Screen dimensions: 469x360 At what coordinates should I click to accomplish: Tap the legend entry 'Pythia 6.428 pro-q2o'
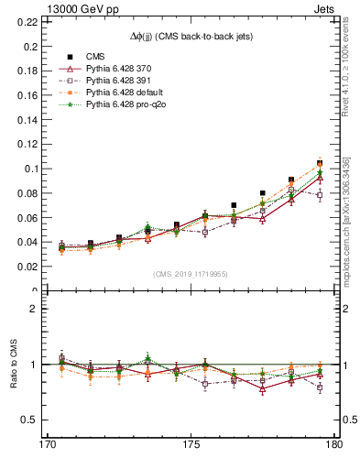[124, 104]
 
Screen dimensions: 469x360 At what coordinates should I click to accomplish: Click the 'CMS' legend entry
[95, 57]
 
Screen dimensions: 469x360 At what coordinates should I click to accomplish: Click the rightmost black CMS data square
[320, 162]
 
